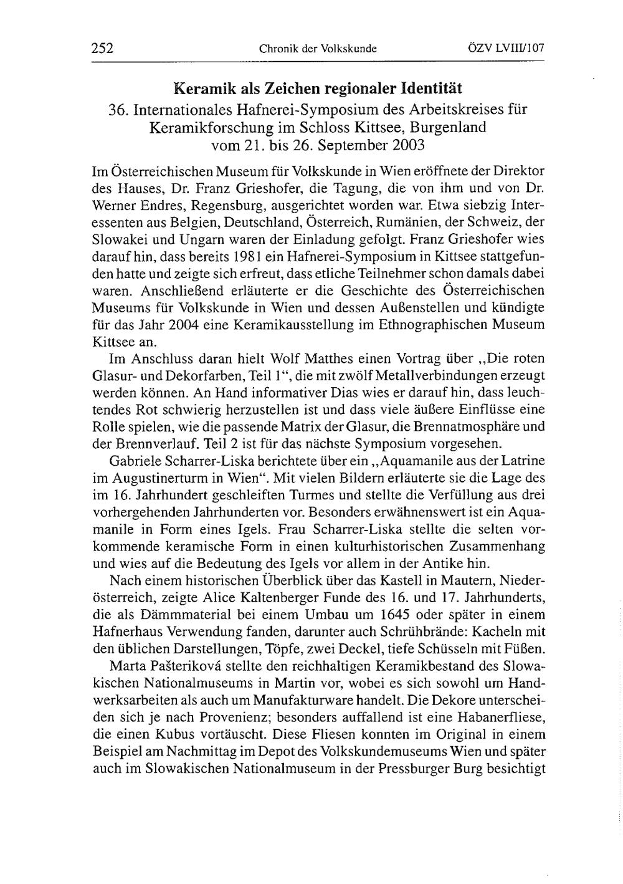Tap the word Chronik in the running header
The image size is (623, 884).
276,48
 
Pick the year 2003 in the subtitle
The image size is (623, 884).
404,146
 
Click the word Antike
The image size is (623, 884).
436,564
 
